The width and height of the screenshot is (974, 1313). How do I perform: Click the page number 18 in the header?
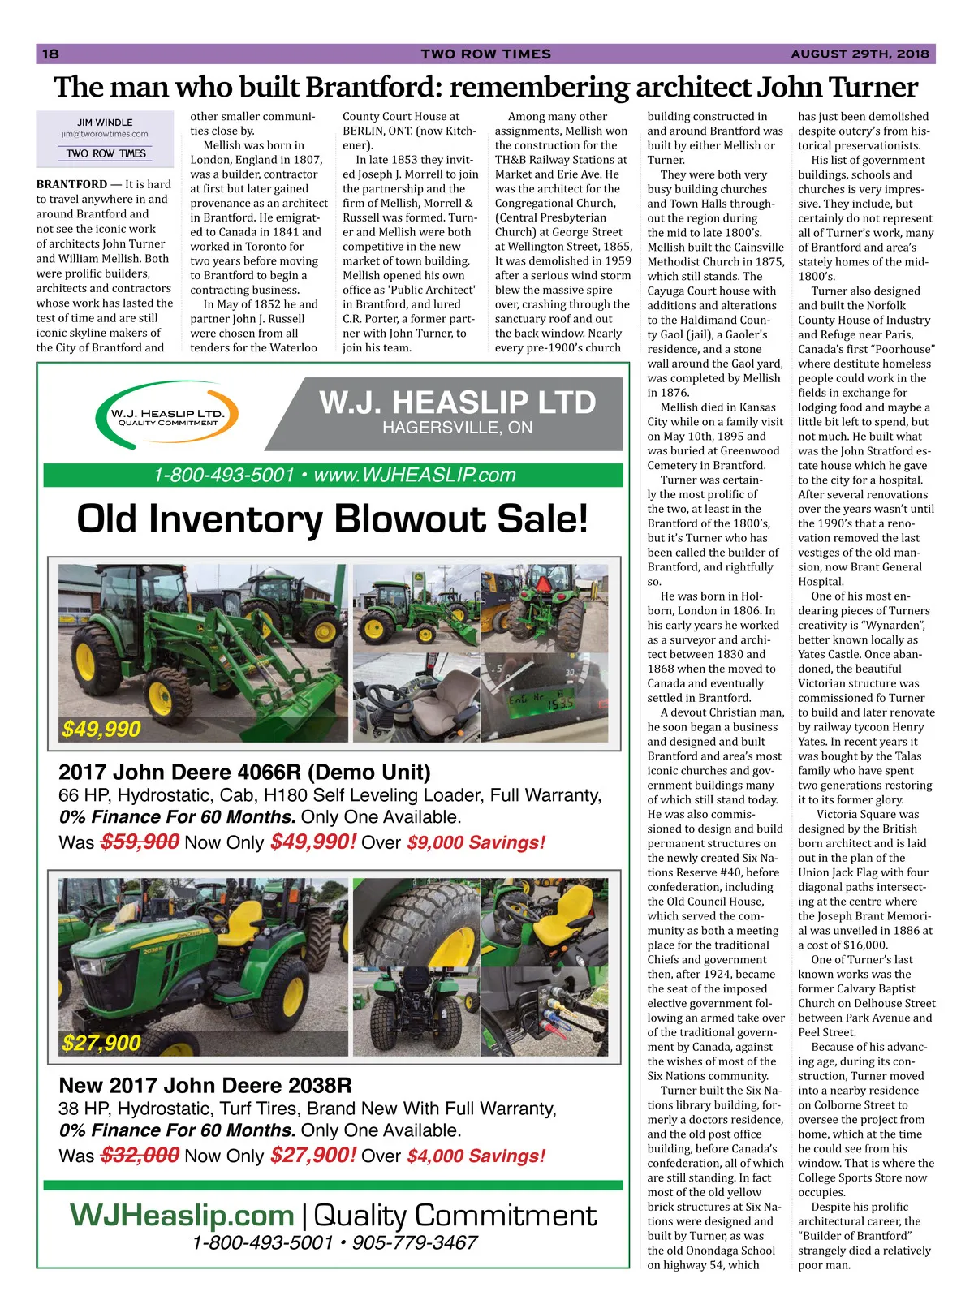(x=50, y=54)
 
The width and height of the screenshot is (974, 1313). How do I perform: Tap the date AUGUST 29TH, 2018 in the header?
(x=860, y=54)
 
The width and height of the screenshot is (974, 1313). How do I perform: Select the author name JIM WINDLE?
(x=105, y=123)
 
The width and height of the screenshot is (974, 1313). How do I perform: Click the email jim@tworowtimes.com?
(x=105, y=134)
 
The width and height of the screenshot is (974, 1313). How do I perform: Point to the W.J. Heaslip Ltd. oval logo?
(x=167, y=418)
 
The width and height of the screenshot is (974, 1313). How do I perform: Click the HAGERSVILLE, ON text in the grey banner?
(x=457, y=428)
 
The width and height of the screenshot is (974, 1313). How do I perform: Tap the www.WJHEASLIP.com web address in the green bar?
(x=414, y=476)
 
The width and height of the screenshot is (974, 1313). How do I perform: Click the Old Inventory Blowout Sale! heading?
(x=332, y=519)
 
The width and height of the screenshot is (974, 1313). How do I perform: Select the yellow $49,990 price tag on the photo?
(x=101, y=730)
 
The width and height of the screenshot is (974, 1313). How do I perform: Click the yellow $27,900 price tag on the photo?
(x=101, y=1043)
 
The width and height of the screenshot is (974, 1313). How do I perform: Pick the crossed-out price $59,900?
(x=139, y=842)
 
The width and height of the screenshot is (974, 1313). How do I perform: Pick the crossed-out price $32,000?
(x=139, y=1156)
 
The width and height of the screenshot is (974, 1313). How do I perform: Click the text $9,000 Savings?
(x=476, y=843)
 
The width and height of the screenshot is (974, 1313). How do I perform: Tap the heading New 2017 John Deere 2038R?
(x=205, y=1086)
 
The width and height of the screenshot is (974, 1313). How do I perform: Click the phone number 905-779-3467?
(x=414, y=1242)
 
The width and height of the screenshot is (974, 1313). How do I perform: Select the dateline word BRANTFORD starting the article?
(x=71, y=184)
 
